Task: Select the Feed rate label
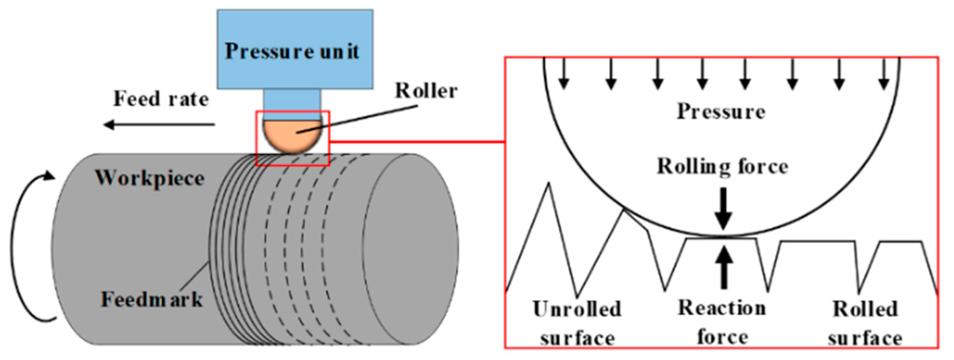(x=161, y=99)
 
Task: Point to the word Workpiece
(x=150, y=178)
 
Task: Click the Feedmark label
(x=151, y=300)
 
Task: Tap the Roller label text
(x=426, y=91)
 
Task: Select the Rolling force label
(x=722, y=167)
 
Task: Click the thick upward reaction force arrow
(x=724, y=267)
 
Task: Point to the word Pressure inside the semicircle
(x=721, y=111)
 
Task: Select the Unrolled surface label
(x=577, y=323)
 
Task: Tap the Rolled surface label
(x=865, y=323)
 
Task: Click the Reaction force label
(x=722, y=322)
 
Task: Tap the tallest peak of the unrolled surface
(x=549, y=184)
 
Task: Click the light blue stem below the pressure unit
(x=292, y=104)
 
